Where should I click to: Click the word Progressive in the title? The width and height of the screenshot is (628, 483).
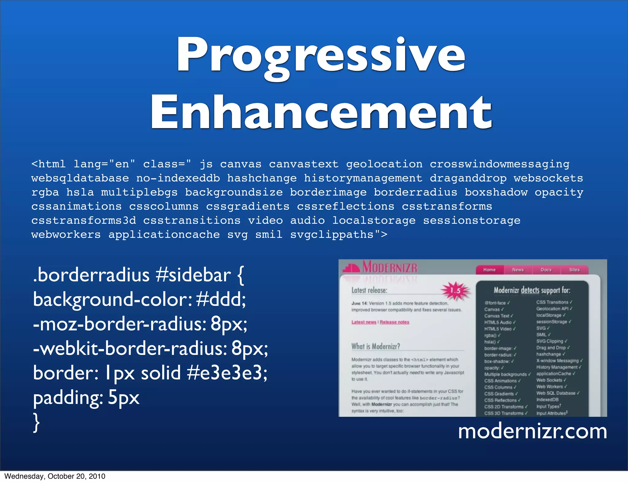point(320,55)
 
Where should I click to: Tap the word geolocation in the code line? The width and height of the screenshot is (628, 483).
point(384,164)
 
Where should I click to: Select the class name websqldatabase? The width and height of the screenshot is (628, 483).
point(80,178)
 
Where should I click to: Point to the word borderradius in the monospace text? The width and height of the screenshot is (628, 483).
point(415,192)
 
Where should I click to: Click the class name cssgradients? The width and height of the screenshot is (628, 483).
point(247,207)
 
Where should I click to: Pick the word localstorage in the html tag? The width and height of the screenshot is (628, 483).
point(374,221)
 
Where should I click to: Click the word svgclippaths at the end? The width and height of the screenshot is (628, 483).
point(332,235)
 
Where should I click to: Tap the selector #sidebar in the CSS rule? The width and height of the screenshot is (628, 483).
point(193,275)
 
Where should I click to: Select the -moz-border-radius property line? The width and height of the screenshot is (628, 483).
point(140,324)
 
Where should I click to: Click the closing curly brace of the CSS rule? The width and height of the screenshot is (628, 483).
point(36,423)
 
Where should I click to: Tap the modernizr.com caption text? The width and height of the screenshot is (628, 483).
point(532,431)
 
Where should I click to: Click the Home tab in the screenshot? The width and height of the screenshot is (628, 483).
point(489,270)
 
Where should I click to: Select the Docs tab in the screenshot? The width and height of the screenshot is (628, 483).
point(546,270)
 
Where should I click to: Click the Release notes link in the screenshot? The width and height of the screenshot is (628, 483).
point(394,322)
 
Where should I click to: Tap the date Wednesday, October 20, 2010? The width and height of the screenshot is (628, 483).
point(55,476)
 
